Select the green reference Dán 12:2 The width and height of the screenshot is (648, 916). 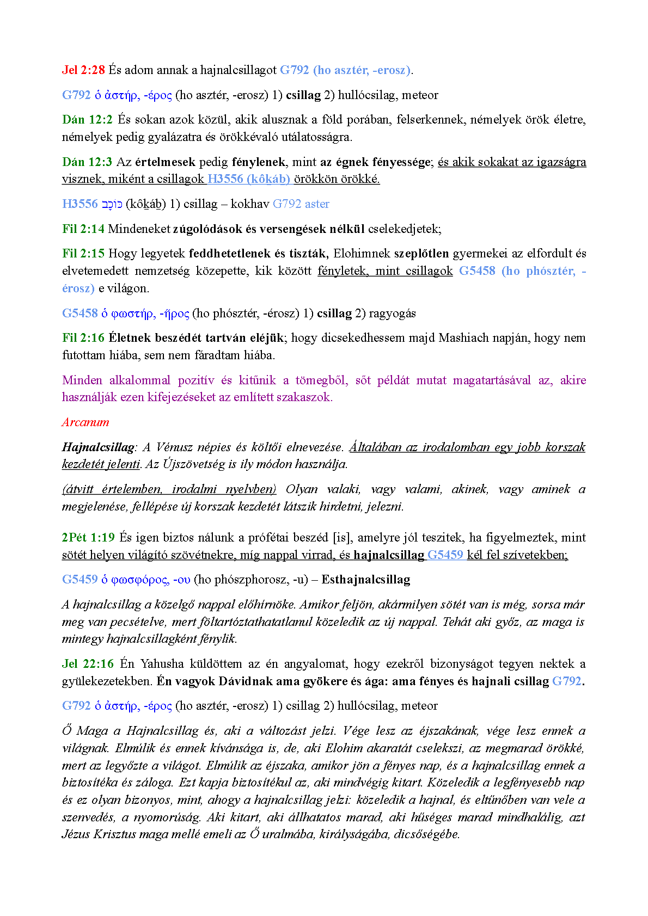87,120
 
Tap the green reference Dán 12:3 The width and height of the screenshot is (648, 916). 87,162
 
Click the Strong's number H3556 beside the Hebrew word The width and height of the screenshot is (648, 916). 80,204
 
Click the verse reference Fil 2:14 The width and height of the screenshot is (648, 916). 83,229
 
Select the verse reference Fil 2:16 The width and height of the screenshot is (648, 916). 83,338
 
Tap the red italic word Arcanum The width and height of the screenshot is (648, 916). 85,422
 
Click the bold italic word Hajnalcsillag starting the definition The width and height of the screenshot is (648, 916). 98,447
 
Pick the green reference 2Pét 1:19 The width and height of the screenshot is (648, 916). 88,538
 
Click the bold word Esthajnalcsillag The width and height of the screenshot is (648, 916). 365,580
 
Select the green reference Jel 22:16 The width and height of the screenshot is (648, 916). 88,664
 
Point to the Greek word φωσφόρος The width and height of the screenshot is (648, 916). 139,580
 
